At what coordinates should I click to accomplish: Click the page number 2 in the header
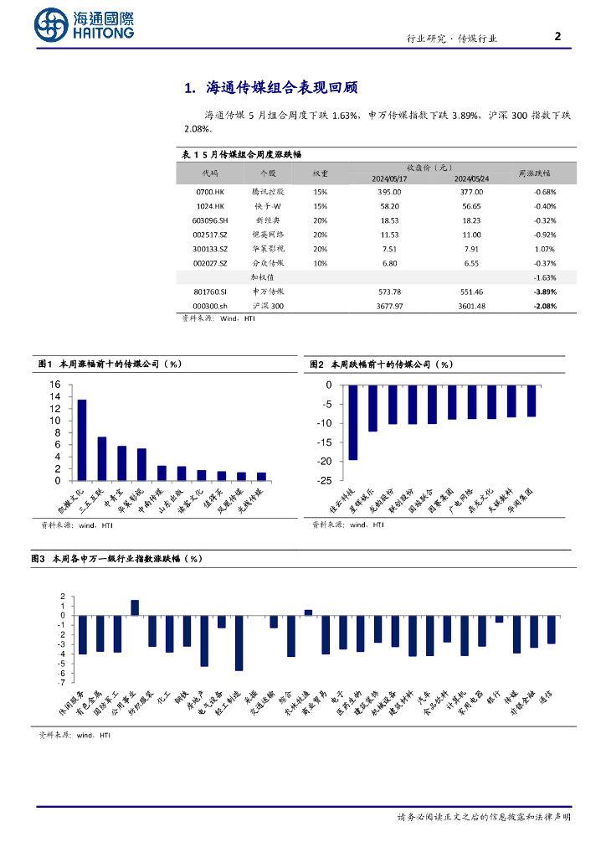tap(558, 36)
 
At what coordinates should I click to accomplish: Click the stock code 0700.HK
tap(209, 191)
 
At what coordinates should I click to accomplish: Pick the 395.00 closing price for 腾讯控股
tap(390, 191)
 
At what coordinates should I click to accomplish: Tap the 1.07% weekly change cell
tap(545, 248)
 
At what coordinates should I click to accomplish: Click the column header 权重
tap(321, 173)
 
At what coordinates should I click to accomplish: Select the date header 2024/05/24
tap(471, 178)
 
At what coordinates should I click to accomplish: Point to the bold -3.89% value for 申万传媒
tap(545, 292)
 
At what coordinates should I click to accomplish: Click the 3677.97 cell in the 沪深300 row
tap(390, 306)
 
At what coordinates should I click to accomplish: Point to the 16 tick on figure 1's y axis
tap(55, 385)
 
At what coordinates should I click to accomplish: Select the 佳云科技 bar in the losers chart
tap(352, 422)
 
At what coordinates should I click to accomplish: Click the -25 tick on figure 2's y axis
tap(325, 481)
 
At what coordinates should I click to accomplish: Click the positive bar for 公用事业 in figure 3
tap(135, 607)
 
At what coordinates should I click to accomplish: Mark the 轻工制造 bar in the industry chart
tap(239, 643)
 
